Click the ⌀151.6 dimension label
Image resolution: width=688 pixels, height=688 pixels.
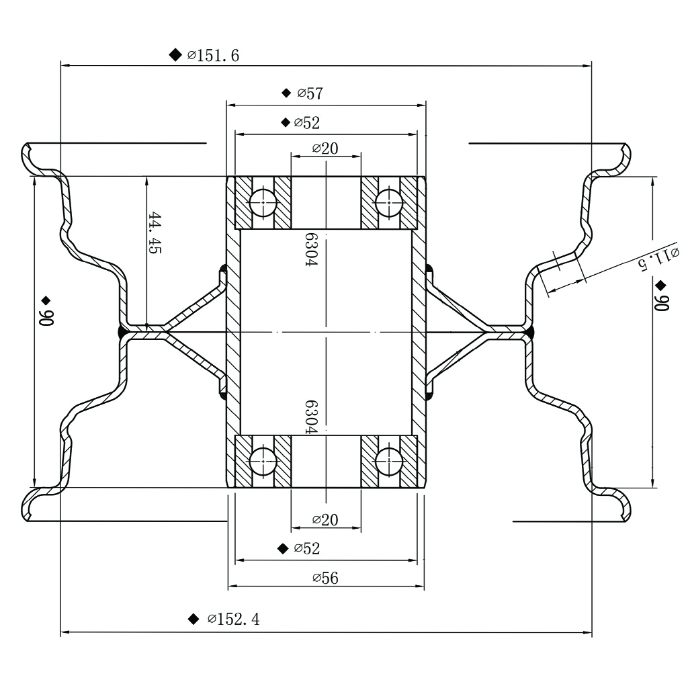213,56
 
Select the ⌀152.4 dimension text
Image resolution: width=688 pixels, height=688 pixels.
233,619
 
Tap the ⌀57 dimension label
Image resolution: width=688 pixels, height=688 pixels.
310,93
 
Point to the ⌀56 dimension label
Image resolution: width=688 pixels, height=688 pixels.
326,578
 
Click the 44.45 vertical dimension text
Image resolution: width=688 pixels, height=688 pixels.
155,232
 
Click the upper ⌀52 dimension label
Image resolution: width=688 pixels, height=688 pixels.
307,123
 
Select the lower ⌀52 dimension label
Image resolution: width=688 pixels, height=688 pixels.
307,549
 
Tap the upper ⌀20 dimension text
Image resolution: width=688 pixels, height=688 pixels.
325,148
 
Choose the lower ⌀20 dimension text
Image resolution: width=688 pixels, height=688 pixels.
325,519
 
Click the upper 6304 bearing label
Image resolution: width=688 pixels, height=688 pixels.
310,250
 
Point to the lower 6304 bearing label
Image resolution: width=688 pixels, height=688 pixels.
310,418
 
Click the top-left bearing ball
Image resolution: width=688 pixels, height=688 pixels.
263,202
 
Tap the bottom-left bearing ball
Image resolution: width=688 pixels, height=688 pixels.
263,462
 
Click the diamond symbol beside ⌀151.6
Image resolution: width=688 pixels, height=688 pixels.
175,54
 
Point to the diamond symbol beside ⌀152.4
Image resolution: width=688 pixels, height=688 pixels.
194,619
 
